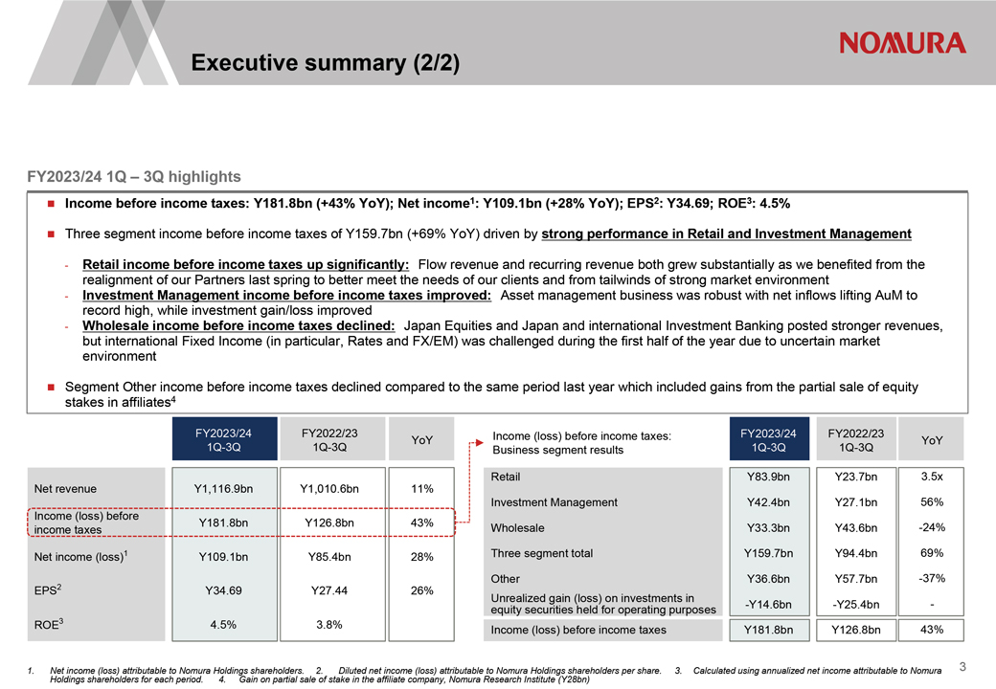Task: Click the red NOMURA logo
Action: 902,43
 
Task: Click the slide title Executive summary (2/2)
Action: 326,63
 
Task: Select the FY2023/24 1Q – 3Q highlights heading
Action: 134,176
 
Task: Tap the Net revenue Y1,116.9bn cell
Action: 223,488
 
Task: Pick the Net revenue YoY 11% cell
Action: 421,488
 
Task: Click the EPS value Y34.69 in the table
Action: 223,590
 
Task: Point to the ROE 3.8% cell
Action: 329,625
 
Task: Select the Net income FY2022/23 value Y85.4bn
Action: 329,557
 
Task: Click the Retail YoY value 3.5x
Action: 932,477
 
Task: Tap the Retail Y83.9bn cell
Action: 769,477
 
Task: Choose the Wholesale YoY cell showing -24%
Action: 932,528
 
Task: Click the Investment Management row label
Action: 554,502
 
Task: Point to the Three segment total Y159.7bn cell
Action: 769,553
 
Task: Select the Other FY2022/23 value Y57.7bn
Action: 856,579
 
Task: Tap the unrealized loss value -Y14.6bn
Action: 769,605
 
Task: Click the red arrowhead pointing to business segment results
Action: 480,443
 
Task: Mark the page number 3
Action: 962,667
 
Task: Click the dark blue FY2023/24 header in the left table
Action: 224,439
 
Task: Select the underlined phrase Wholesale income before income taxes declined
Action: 238,326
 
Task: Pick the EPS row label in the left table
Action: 48,590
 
